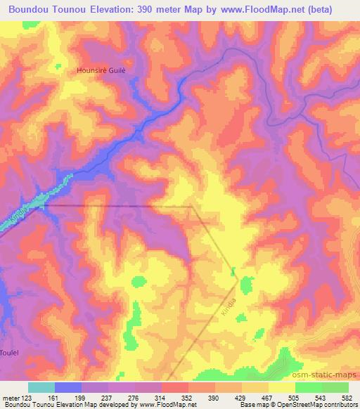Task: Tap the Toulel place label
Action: click(x=9, y=351)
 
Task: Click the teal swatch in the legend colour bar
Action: click(x=41, y=387)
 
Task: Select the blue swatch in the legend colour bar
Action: click(x=68, y=387)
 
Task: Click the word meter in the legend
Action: click(x=13, y=396)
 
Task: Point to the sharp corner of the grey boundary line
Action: click(x=191, y=207)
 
